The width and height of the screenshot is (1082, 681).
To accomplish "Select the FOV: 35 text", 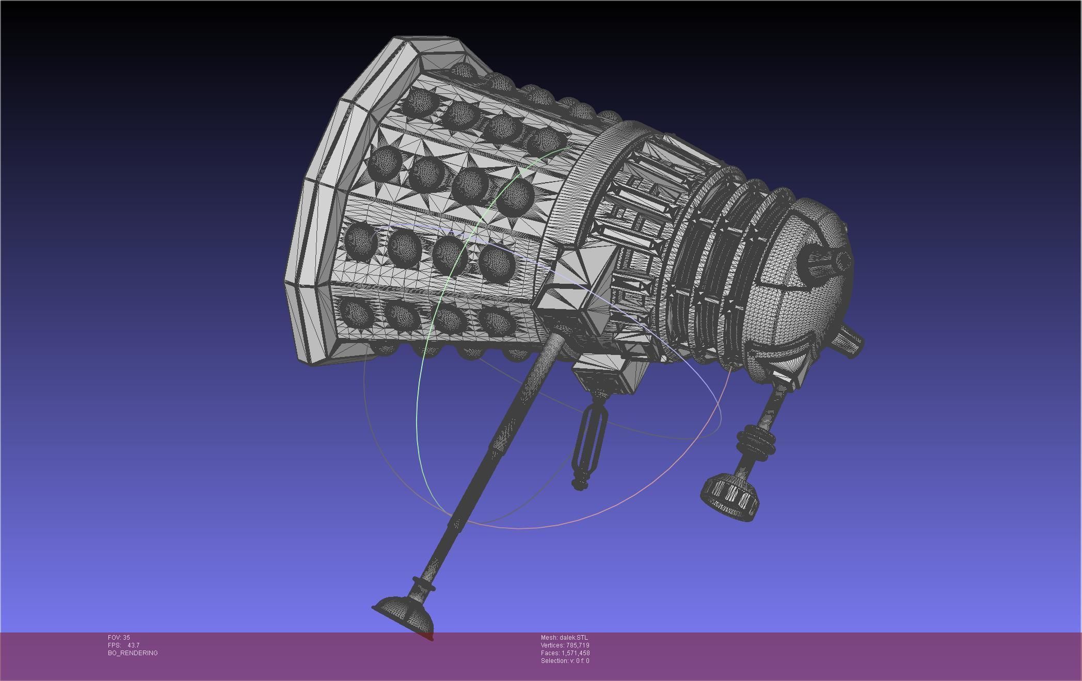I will pyautogui.click(x=119, y=638).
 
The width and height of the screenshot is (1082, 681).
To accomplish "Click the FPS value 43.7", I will pyautogui.click(x=133, y=645).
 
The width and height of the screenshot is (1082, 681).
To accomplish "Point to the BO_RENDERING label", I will pyautogui.click(x=133, y=653).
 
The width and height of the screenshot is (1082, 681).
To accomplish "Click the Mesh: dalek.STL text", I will pyautogui.click(x=564, y=638).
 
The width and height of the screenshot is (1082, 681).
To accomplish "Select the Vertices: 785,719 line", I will pyautogui.click(x=565, y=645).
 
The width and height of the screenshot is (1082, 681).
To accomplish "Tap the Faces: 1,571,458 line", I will pyautogui.click(x=565, y=653).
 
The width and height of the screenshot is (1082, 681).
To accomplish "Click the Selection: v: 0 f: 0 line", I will pyautogui.click(x=565, y=661).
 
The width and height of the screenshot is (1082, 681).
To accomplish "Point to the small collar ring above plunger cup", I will pyautogui.click(x=423, y=586).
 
